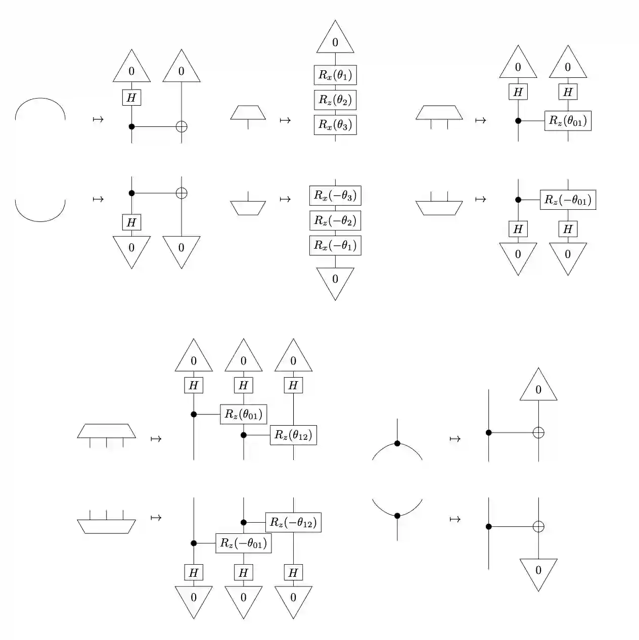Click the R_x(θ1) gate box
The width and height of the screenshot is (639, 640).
coord(335,75)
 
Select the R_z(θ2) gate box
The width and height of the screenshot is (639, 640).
coord(335,100)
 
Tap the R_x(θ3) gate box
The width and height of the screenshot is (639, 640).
coord(335,125)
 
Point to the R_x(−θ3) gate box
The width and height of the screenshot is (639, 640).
coord(335,196)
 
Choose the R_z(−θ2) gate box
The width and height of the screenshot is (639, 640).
coord(335,220)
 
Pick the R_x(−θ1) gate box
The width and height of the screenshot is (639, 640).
coord(335,245)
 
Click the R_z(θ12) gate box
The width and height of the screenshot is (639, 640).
coord(293,435)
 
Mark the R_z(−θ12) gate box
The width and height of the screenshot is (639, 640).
coord(293,522)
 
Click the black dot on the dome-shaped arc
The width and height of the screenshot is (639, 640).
coord(397,443)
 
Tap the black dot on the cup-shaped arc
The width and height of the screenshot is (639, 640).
coord(397,516)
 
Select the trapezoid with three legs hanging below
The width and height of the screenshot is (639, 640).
coord(106,431)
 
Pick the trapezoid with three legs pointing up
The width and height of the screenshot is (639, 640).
coord(106,526)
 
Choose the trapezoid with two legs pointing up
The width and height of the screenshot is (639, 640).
coord(439,208)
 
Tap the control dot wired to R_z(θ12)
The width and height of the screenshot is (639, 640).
coord(244,435)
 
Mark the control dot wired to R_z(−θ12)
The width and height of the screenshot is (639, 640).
coord(244,522)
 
